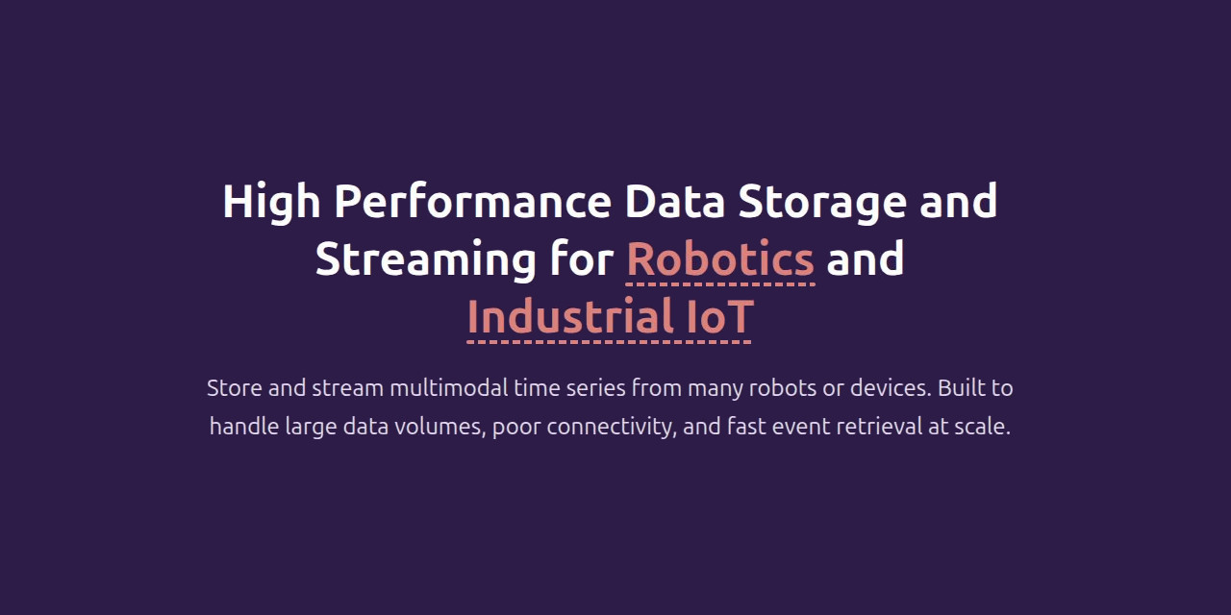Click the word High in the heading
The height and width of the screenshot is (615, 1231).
click(x=271, y=203)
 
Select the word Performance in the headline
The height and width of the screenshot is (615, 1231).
click(x=472, y=201)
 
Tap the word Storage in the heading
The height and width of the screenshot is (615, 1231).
click(x=822, y=203)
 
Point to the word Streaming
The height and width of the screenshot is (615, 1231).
click(x=425, y=260)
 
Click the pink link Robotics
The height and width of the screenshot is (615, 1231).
click(x=720, y=259)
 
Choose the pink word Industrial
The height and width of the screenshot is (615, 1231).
click(x=570, y=317)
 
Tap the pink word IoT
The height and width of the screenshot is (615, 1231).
click(x=720, y=317)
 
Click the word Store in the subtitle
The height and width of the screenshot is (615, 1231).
click(x=234, y=388)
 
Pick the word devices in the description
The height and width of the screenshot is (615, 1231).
click(x=891, y=388)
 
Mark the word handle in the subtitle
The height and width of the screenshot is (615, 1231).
click(x=244, y=427)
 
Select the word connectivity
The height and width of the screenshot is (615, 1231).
click(x=611, y=428)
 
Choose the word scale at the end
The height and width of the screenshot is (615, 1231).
click(x=982, y=427)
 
